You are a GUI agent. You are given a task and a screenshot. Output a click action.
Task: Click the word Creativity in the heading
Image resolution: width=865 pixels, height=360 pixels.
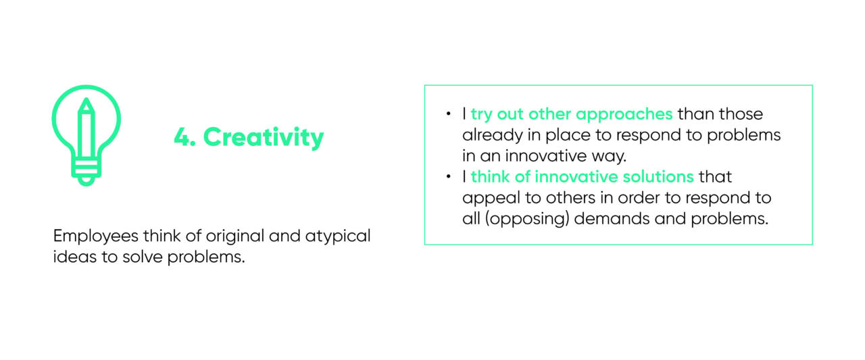(x=264, y=137)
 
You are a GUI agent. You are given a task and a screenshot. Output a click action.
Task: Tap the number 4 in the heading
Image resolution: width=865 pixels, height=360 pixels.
(x=182, y=137)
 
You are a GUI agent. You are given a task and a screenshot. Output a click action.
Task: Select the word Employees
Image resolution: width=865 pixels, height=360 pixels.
(x=96, y=236)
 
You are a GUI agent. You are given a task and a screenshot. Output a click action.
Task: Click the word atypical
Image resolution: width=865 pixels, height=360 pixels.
(x=338, y=236)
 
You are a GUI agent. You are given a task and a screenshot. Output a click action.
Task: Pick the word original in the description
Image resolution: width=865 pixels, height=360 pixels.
(x=234, y=236)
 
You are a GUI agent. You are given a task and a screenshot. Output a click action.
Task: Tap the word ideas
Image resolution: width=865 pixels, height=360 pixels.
(x=74, y=257)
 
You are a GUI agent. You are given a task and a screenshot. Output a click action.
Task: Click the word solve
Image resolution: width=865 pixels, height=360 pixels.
(x=142, y=257)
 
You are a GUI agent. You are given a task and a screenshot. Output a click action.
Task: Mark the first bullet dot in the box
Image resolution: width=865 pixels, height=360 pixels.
(x=448, y=113)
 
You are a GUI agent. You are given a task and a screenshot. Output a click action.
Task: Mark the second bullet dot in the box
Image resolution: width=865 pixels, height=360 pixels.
(x=448, y=177)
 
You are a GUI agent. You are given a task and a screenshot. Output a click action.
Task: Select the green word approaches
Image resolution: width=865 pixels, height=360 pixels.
(x=624, y=115)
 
